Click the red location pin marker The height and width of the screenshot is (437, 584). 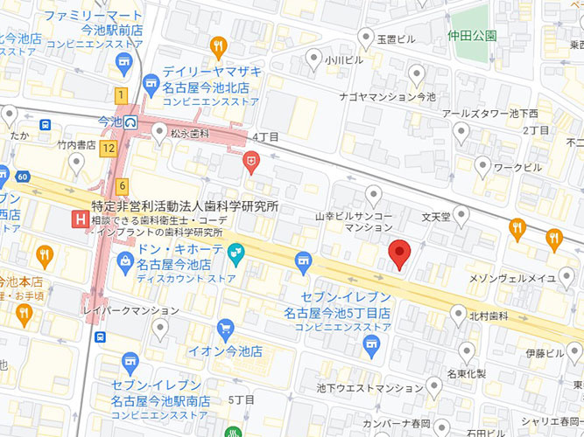tap(399, 253)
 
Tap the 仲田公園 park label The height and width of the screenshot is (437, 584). tap(472, 36)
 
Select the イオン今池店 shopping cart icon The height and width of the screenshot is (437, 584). tap(225, 329)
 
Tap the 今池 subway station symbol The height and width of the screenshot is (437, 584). tap(131, 121)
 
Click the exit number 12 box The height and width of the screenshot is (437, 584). tap(108, 149)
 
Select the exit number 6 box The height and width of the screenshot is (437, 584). tap(122, 185)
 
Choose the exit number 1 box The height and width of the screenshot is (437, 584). tap(120, 94)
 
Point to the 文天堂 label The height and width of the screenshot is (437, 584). tap(435, 215)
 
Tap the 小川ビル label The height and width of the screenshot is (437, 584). tap(342, 61)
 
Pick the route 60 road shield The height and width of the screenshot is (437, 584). tap(22, 177)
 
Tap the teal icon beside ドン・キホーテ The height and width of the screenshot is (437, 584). tap(235, 255)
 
